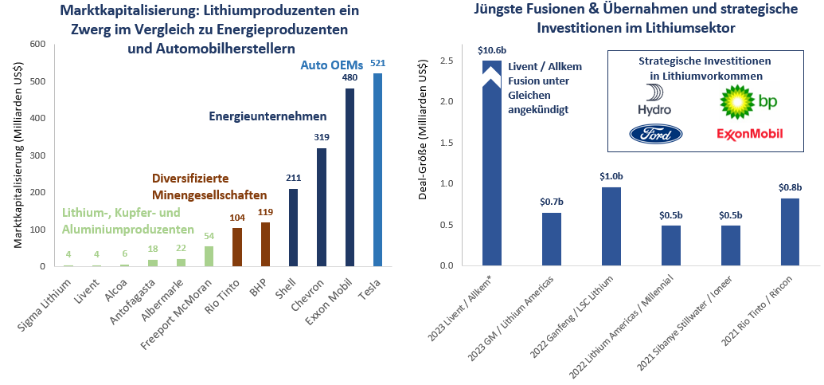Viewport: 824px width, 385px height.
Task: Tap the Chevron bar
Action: coord(321,207)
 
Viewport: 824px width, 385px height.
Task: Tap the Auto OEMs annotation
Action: coord(330,65)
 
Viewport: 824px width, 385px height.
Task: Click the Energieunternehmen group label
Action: coord(267,116)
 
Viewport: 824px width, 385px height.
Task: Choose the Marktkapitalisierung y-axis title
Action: coord(18,156)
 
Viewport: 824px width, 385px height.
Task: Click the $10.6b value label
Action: coord(491,50)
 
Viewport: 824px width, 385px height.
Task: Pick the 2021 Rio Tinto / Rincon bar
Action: coord(790,232)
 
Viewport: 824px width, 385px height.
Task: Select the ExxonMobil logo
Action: coord(750,134)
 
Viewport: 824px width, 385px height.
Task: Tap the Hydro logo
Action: coord(654,100)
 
